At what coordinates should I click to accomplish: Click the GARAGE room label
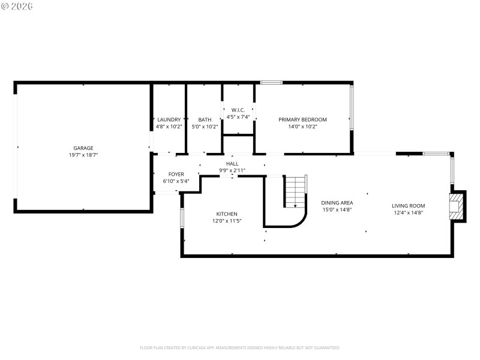coord(83,148)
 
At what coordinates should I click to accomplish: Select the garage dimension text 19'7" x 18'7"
coord(83,155)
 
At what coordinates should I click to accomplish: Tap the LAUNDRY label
coord(169,119)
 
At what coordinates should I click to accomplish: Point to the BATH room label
coord(205,119)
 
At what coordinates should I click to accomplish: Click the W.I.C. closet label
coord(238,110)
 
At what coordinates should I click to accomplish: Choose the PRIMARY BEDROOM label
coord(302,119)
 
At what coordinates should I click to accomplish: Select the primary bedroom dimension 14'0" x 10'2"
coord(302,127)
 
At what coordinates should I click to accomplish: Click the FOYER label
coord(176,174)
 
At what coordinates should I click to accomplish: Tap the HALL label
coord(232,163)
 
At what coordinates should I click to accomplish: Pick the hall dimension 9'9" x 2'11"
coord(232,170)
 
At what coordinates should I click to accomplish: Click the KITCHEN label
coord(227,214)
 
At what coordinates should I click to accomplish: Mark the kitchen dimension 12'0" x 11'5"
coord(227,221)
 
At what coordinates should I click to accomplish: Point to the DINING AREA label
coord(337,203)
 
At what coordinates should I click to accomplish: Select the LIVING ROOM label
coord(409,205)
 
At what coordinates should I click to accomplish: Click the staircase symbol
coord(295,192)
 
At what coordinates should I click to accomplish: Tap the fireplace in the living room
coord(457,206)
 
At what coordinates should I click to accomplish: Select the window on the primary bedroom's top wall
coord(271,82)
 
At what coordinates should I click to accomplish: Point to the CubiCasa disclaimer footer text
coord(240,347)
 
